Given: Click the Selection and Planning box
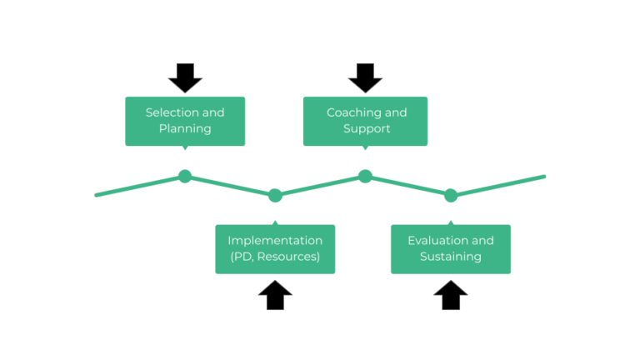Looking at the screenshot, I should point(185,121).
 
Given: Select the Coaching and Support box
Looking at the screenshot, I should point(365,121).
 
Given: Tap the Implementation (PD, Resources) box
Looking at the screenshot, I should point(275,248).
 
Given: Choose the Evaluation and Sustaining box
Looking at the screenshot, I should point(450,248).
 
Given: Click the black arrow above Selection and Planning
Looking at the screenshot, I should point(185,77).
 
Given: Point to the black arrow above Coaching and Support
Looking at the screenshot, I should point(365,77).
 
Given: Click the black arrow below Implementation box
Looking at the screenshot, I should point(275,295).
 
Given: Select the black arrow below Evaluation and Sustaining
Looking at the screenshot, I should point(450,295).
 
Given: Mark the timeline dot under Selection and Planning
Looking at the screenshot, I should point(185,176).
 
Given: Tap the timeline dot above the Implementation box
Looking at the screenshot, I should point(275,196).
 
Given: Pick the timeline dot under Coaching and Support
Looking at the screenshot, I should point(365,176).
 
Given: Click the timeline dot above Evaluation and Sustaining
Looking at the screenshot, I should point(451,196).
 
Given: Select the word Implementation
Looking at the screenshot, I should point(275,241).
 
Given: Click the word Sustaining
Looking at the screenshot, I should point(450,257).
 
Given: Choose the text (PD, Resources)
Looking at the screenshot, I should point(275,257).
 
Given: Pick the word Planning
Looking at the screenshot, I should point(185,129).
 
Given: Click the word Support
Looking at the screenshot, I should point(367,129).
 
